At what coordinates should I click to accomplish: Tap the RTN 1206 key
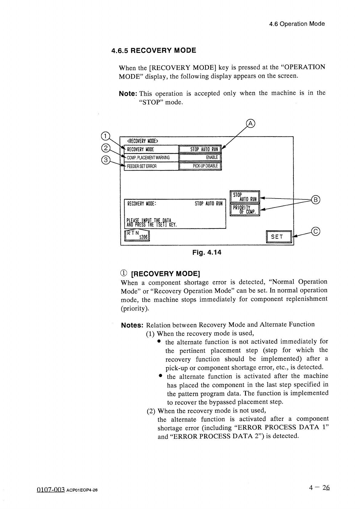tap(137, 235)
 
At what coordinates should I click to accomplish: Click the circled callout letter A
tap(251, 123)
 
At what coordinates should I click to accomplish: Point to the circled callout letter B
tap(316, 200)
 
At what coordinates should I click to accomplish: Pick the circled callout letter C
tap(316, 232)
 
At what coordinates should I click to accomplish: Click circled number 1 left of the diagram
tap(104, 136)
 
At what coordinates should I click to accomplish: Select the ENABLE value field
tap(200, 158)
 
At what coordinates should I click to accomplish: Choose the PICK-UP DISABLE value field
tap(200, 166)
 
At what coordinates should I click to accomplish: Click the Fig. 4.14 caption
tap(207, 252)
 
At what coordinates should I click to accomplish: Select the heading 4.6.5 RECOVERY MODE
tap(154, 51)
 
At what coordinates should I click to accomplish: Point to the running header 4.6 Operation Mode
tap(297, 24)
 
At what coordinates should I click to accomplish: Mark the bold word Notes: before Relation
tap(132, 326)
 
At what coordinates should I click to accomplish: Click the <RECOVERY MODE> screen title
tap(142, 141)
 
